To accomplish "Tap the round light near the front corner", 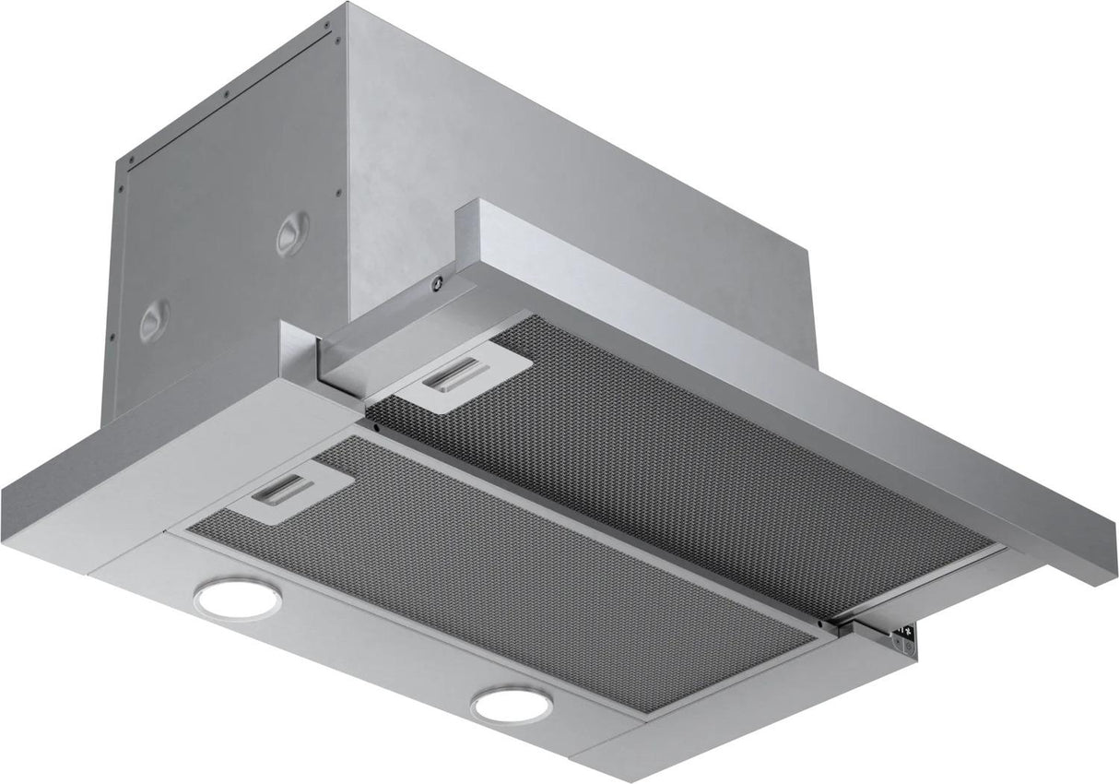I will tap(512, 706).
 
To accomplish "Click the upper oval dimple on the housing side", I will tap(293, 231).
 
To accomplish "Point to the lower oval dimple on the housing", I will tap(154, 321).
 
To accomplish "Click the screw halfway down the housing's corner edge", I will tap(338, 193).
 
